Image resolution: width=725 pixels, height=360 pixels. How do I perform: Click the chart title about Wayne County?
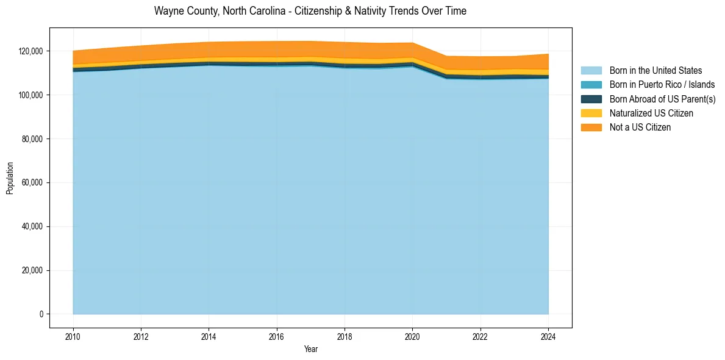click(310, 11)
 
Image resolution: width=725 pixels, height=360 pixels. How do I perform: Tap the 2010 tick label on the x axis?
click(73, 336)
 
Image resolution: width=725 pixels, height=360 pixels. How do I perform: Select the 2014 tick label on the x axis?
click(209, 336)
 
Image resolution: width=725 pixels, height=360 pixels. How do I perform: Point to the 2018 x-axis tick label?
click(345, 336)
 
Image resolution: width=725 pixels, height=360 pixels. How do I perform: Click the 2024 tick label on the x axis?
click(548, 336)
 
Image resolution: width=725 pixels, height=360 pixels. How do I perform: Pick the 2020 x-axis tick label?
click(413, 336)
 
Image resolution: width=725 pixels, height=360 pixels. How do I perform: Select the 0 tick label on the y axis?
click(42, 314)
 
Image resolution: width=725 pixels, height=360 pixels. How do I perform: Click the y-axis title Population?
click(10, 178)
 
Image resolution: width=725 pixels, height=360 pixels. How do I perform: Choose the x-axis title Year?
click(310, 350)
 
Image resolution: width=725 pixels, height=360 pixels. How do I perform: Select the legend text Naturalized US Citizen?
click(651, 113)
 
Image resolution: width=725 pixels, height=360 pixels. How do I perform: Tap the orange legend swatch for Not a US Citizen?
click(591, 128)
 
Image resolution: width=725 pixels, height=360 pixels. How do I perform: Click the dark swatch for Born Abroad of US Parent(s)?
click(591, 99)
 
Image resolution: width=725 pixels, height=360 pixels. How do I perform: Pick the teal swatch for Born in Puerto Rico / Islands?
click(591, 85)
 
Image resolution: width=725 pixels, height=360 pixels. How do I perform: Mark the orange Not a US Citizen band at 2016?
click(277, 49)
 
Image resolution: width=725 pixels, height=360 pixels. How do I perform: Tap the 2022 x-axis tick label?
click(480, 336)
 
